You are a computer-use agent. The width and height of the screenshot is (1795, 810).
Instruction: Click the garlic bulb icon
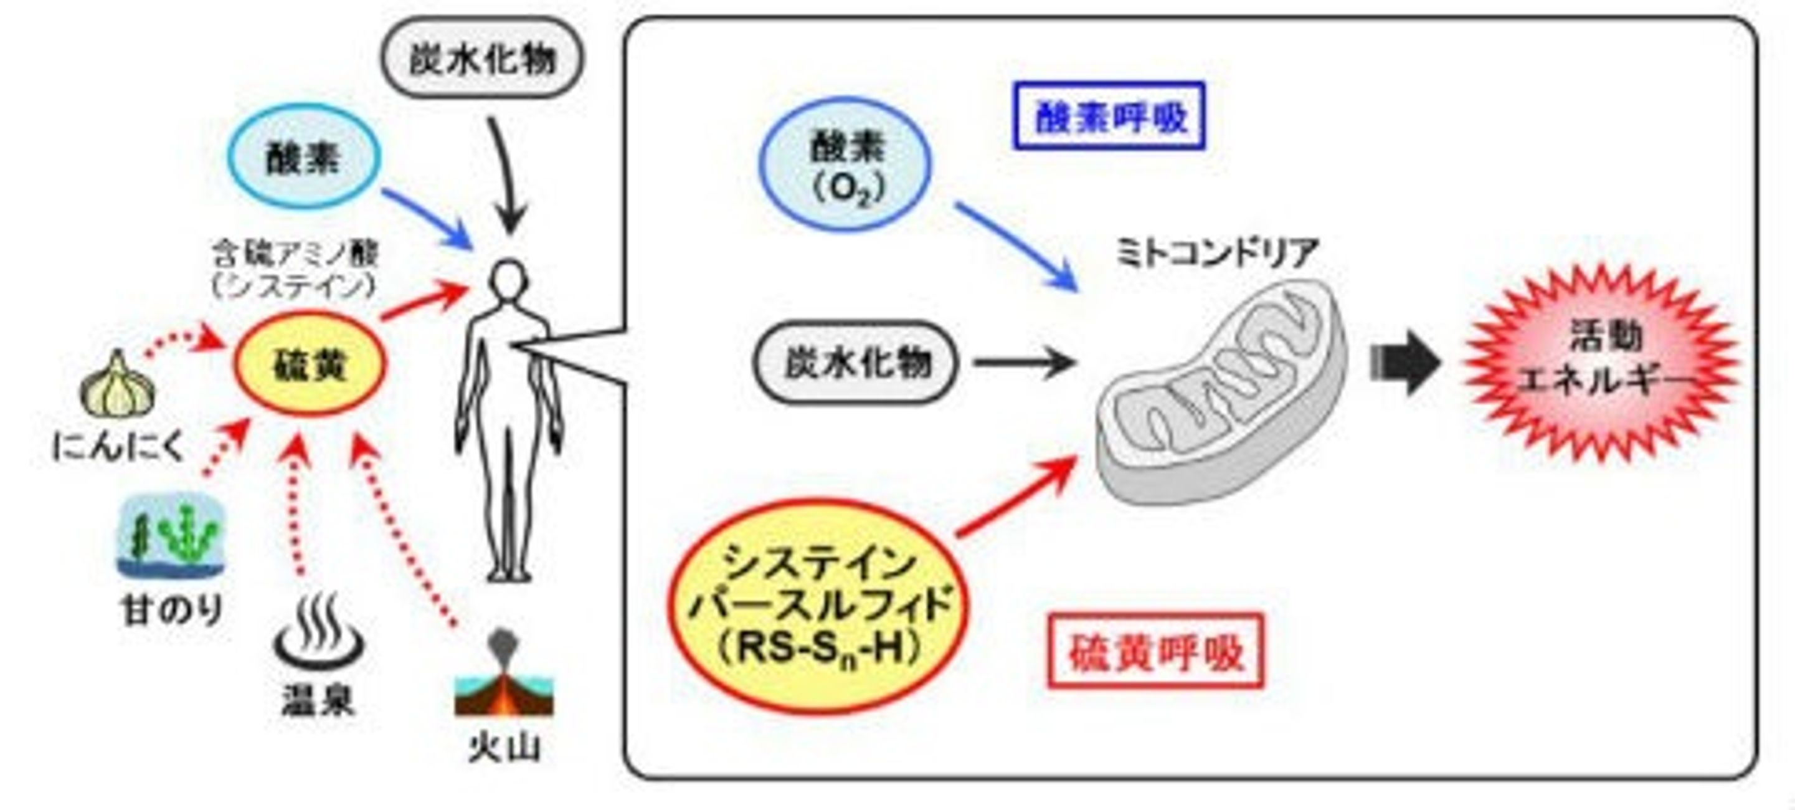pyautogui.click(x=118, y=385)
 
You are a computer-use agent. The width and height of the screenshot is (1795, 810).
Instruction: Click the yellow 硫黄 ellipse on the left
pyautogui.click(x=309, y=363)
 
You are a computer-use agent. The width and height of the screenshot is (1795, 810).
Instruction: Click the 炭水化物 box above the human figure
pyautogui.click(x=482, y=57)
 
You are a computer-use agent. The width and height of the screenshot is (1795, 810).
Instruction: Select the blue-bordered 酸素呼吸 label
pyautogui.click(x=1109, y=116)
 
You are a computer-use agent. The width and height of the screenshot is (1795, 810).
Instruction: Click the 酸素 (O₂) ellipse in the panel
pyautogui.click(x=846, y=164)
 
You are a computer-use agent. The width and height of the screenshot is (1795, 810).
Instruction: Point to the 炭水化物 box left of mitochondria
pyautogui.click(x=856, y=362)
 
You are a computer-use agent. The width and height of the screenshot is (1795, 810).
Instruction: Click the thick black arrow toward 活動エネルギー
pyautogui.click(x=1404, y=363)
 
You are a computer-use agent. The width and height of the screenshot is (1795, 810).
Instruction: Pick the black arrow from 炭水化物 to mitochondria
pyautogui.click(x=1025, y=363)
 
